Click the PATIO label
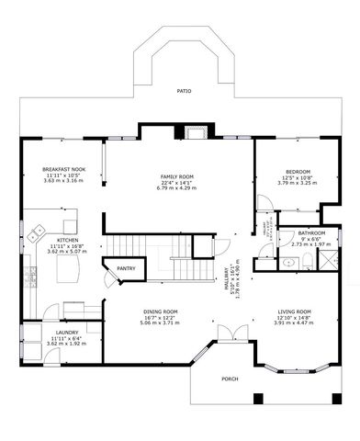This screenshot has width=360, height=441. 185,92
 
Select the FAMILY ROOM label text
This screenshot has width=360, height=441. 178,176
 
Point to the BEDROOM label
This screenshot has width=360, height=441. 298,172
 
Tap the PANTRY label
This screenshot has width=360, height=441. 126,268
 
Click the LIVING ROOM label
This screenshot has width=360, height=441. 295,311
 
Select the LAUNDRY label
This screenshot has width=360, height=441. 65,333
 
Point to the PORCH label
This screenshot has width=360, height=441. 230,379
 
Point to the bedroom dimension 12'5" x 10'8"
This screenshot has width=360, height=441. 298,177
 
